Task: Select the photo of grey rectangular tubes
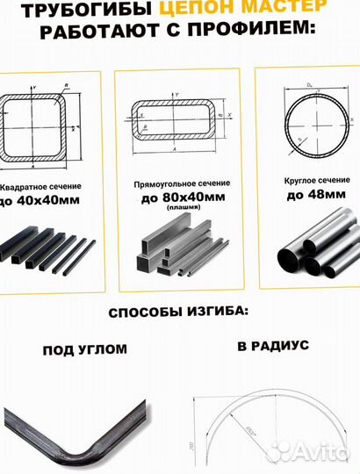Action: point(180,251)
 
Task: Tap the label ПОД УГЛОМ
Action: point(84,349)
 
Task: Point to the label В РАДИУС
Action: point(272,346)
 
